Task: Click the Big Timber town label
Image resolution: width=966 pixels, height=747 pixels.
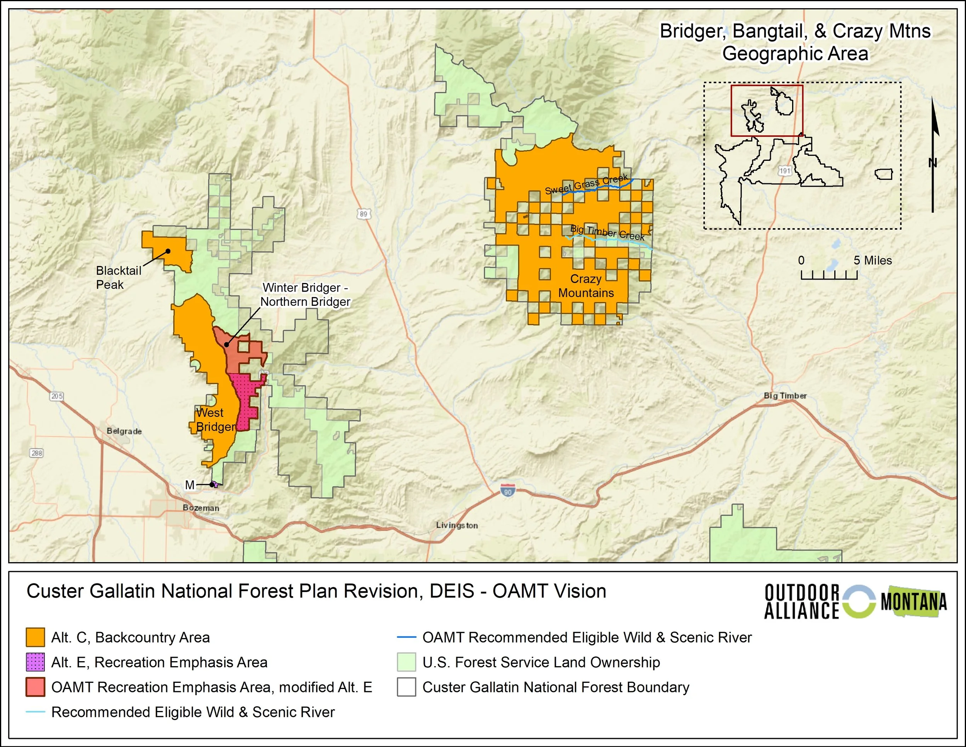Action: point(785,396)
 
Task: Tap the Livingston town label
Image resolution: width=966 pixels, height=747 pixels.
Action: point(456,525)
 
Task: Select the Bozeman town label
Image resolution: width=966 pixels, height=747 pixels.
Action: point(201,508)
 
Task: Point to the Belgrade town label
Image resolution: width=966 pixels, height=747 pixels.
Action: point(124,431)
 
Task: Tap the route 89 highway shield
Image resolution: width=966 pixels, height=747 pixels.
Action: point(363,214)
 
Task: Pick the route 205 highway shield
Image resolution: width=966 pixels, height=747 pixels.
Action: point(57,396)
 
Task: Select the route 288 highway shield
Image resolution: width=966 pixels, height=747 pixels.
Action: point(37,453)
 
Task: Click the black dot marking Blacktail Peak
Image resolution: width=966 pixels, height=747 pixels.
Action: point(168,251)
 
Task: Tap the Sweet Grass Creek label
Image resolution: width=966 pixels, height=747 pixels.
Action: point(586,184)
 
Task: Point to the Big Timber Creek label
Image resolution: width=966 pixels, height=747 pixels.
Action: point(607,232)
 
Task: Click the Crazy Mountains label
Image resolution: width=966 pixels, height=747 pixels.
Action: point(586,286)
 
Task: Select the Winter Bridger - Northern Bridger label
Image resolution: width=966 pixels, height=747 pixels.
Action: point(305,295)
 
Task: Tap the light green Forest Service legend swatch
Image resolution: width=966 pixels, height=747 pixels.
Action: point(406,662)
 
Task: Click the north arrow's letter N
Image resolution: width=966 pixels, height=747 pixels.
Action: point(932,163)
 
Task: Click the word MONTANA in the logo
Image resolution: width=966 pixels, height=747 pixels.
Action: point(914,602)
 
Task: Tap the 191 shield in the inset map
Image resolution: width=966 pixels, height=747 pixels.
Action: point(785,171)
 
